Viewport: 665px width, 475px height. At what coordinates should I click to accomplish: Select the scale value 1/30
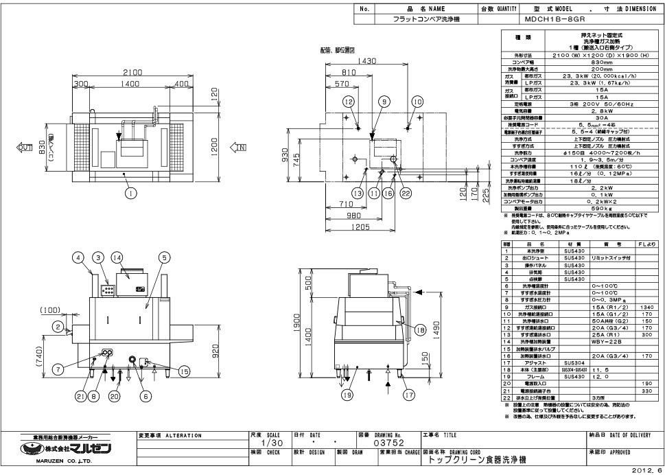pyautogui.click(x=272, y=443)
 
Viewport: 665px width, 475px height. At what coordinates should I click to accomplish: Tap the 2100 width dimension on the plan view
pyautogui.click(x=132, y=73)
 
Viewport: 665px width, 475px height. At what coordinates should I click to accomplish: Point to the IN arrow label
pyautogui.click(x=241, y=146)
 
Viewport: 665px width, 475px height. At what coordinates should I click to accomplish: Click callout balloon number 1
pyautogui.click(x=129, y=193)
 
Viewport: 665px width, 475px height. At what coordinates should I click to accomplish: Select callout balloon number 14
pyautogui.click(x=117, y=257)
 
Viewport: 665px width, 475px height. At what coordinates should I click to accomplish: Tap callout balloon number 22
pyautogui.click(x=406, y=194)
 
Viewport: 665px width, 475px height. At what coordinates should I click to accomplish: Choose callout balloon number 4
pyautogui.click(x=78, y=257)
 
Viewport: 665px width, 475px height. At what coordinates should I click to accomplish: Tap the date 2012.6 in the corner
pyautogui.click(x=648, y=470)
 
